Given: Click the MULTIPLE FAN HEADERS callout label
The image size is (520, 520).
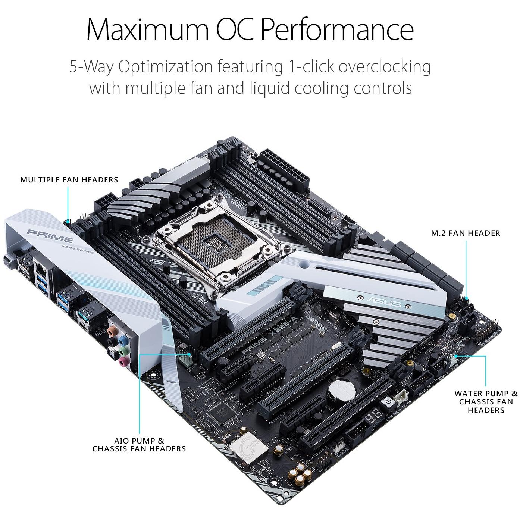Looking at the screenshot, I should (x=69, y=180).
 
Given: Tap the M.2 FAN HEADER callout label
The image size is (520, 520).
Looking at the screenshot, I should (x=465, y=233).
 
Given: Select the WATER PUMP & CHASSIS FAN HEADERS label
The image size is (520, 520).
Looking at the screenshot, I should (x=486, y=402).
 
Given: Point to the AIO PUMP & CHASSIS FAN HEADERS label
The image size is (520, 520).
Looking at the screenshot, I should (x=139, y=445).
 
